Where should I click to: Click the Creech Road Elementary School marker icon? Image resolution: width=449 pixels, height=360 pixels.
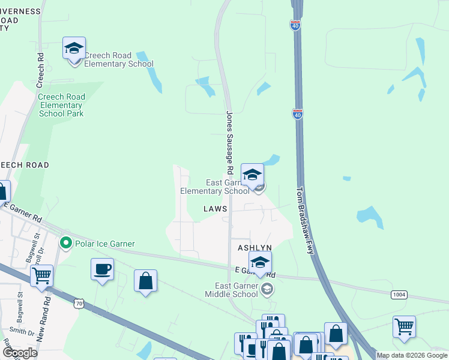(74, 49)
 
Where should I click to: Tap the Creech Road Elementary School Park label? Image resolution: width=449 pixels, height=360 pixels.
(61, 105)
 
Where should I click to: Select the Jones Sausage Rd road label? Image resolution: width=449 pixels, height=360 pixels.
(229, 139)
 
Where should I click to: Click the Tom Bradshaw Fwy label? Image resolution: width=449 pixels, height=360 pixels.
(306, 220)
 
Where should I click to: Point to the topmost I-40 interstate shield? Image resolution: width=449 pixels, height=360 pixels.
(295, 25)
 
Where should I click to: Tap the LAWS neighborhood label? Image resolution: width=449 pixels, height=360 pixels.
(215, 209)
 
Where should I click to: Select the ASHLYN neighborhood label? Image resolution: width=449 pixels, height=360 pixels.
(255, 248)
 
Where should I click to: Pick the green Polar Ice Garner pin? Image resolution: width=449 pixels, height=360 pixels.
(65, 244)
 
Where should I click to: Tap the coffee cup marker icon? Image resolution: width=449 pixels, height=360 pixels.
(102, 269)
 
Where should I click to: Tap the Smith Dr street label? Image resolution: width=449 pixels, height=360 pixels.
(22, 331)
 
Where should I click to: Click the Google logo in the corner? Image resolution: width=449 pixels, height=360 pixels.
(20, 353)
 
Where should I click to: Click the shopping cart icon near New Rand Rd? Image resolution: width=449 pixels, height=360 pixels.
(42, 276)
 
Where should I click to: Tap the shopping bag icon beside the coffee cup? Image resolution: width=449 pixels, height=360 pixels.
(145, 281)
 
